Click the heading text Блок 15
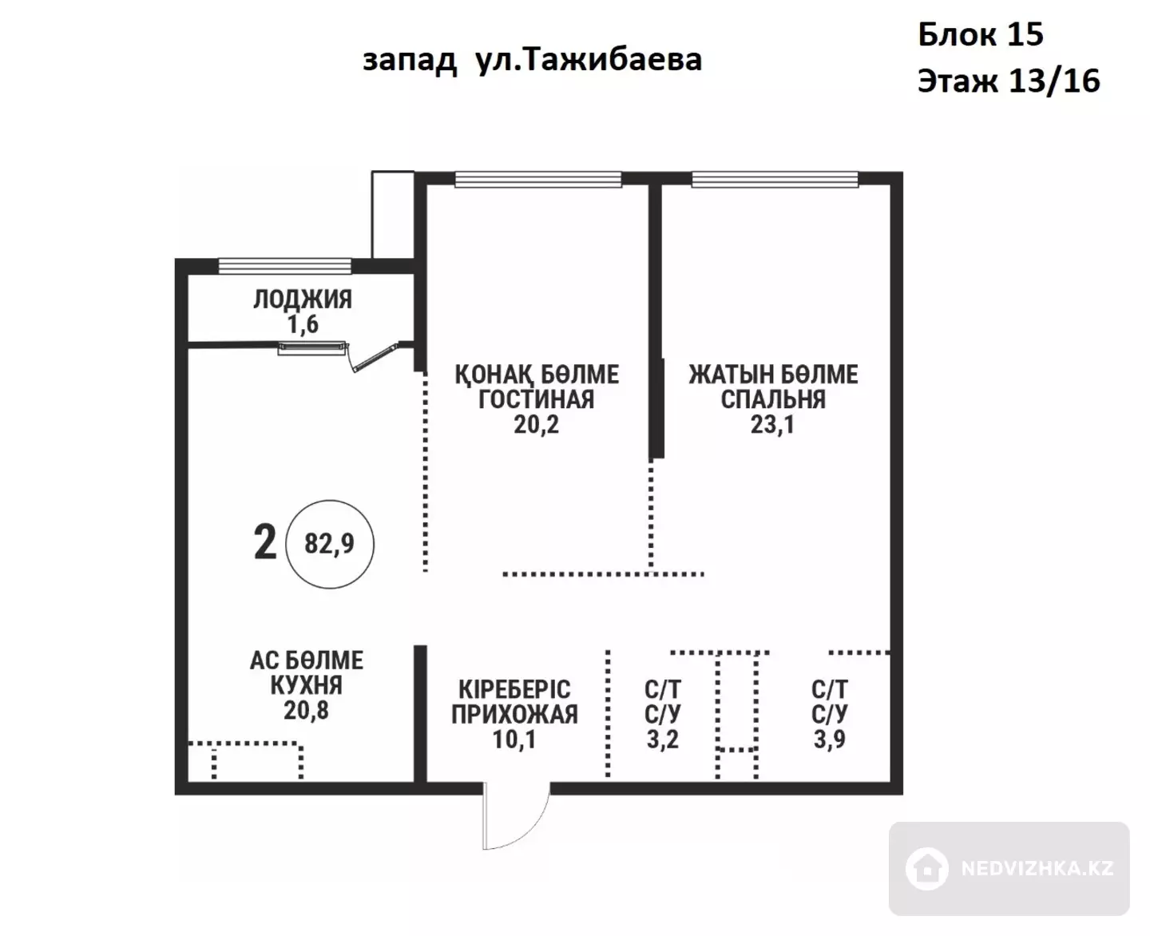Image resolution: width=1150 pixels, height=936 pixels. point(981,34)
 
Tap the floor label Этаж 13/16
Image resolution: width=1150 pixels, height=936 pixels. point(1009,81)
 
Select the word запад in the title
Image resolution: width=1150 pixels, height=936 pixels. point(409,61)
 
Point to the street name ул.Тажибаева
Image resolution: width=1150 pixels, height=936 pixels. point(589,59)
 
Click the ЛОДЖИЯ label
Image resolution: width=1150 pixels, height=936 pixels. point(303,299)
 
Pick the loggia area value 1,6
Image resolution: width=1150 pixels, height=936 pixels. point(303,324)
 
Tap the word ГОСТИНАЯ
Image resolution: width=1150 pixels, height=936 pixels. point(536,399)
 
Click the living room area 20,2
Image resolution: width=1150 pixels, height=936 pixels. point(536,425)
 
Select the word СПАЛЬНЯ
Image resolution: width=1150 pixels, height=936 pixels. point(773,399)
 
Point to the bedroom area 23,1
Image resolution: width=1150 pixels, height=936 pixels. point(772,425)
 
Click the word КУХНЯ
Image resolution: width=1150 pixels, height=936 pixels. point(306,685)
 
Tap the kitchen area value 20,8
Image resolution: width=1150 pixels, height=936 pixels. point(306,710)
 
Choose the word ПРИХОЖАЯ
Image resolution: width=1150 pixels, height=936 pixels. point(514,715)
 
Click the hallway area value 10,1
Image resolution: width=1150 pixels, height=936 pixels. point(514,740)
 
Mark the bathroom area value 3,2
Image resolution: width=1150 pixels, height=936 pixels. point(663,740)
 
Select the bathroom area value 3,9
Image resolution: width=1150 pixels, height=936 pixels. point(829,740)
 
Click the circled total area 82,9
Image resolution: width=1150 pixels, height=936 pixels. point(329,544)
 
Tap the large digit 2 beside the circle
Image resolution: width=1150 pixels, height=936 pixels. point(265,543)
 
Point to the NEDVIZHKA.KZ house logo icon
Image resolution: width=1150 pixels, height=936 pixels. point(926,869)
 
